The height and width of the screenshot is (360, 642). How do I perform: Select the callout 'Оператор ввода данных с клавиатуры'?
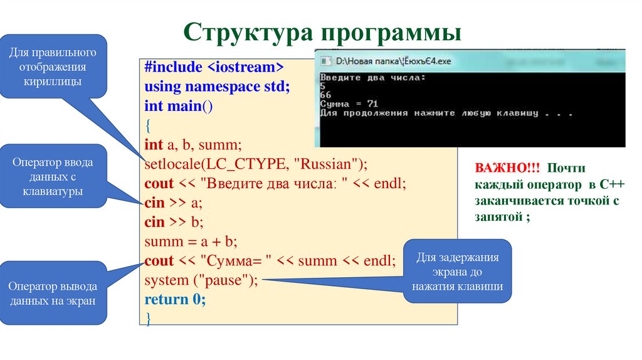point(53,177)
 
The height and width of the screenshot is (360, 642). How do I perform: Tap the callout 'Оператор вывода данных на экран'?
point(53,294)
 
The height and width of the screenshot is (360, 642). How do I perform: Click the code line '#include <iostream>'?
point(214,68)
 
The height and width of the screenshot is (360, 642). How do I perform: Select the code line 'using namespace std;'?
point(217,87)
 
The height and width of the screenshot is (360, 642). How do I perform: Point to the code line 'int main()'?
point(179,106)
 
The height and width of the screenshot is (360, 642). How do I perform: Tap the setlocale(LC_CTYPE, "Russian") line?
point(255,164)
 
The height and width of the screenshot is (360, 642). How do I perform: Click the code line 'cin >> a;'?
point(174,203)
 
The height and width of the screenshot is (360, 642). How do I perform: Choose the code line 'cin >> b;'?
point(174,222)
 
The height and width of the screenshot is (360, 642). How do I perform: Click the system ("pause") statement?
point(201,280)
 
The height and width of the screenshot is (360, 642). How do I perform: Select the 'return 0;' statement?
point(175,299)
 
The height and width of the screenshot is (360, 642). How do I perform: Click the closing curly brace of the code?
point(148,318)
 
